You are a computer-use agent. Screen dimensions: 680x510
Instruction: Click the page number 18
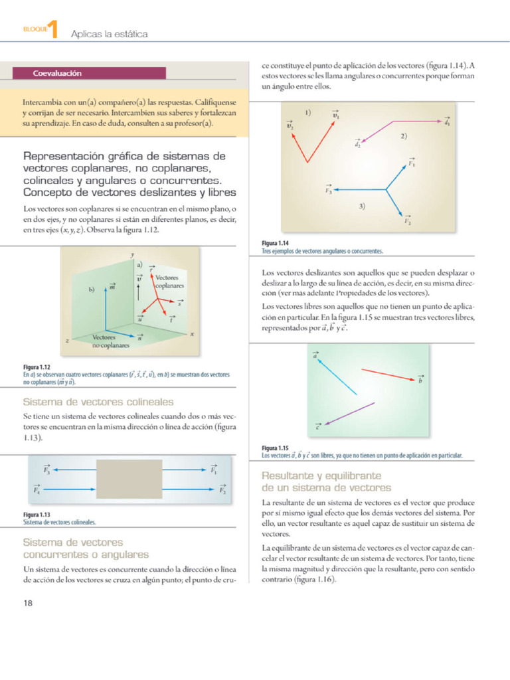pyautogui.click(x=29, y=603)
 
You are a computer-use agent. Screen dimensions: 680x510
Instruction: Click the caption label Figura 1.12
pyautogui.click(x=37, y=367)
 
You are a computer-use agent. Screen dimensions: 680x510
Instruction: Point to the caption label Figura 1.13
pyautogui.click(x=37, y=515)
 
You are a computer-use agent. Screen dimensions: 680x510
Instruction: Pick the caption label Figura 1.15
pyautogui.click(x=275, y=448)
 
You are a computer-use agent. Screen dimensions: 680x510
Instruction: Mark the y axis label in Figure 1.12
pyautogui.click(x=133, y=254)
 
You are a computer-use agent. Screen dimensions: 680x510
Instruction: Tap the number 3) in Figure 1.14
pyautogui.click(x=362, y=207)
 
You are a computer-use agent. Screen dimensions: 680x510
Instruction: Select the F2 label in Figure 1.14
pyautogui.click(x=408, y=221)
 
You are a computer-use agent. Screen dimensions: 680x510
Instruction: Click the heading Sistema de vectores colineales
pyautogui.click(x=98, y=402)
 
